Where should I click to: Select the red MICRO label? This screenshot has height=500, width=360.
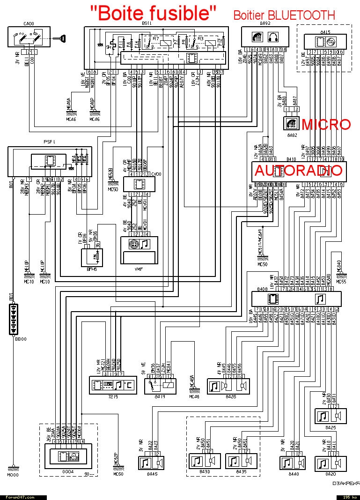326,125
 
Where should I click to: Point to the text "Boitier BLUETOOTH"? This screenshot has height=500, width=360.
284,15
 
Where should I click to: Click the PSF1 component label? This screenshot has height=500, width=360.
49,141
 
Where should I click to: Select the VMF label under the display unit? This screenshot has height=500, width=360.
140,270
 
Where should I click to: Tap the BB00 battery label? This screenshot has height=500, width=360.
20,339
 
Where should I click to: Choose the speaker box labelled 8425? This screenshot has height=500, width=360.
331,416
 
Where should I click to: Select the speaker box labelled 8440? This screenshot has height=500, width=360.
294,463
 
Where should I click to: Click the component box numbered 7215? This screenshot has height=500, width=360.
113,385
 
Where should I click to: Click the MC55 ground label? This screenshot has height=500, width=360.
341,283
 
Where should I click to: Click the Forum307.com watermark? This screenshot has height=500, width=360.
20,497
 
